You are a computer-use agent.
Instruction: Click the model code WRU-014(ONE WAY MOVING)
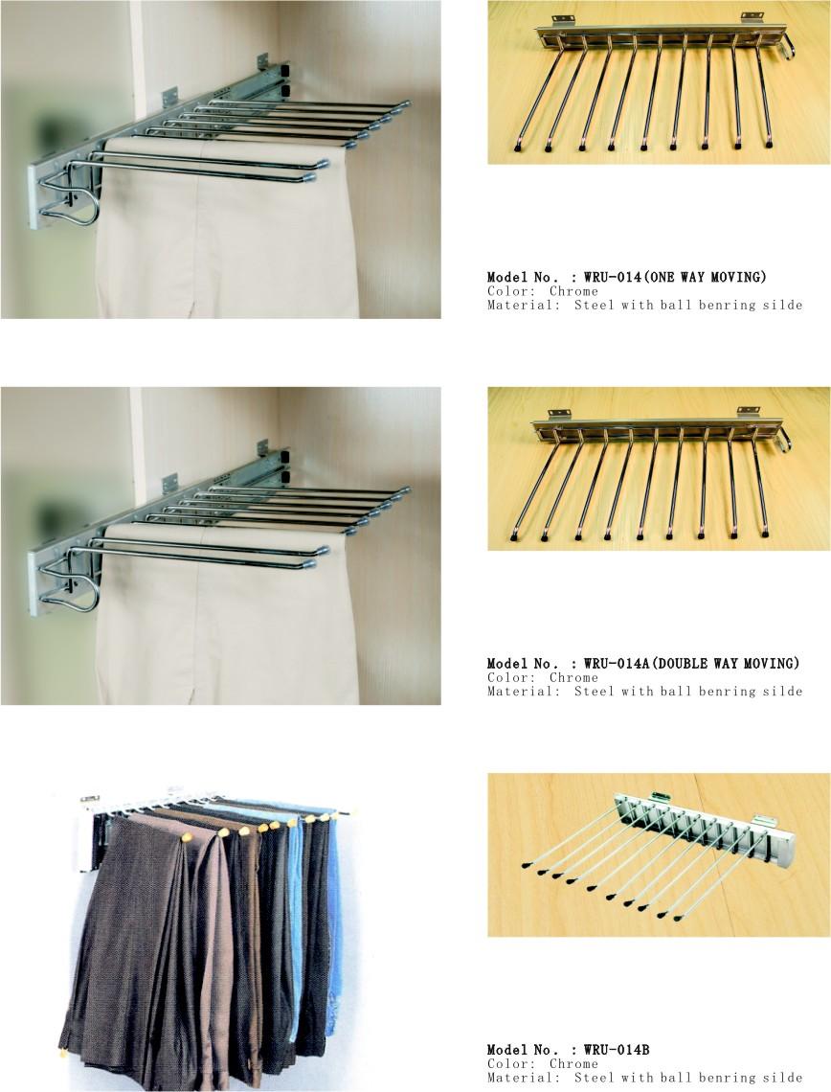tap(675, 277)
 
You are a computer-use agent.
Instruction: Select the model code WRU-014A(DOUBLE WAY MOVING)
tap(692, 663)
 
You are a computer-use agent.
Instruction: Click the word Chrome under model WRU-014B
tap(573, 1064)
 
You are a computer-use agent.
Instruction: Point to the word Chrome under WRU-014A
tap(573, 677)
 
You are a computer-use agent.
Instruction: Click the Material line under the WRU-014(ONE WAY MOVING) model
tap(644, 305)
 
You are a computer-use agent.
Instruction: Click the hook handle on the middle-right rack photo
tap(784, 437)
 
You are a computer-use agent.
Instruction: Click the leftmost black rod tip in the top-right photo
tap(519, 147)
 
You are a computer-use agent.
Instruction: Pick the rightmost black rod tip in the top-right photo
tap(769, 144)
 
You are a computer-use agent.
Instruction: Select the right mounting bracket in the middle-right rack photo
tap(747, 412)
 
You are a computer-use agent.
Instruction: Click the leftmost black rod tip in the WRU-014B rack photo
tap(527, 866)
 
